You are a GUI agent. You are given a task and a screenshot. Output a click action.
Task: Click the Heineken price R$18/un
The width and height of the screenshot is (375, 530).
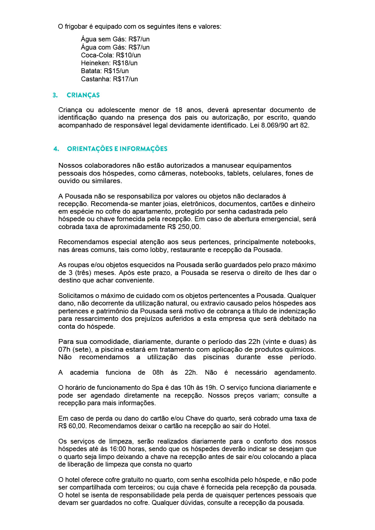pos(125,63)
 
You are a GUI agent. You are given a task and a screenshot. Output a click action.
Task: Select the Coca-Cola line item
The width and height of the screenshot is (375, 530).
pos(111,55)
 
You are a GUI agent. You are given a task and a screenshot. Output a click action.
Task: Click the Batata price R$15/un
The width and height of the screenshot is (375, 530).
pos(116,71)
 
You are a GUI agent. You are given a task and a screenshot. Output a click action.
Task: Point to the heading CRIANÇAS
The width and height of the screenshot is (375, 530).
pos(83,95)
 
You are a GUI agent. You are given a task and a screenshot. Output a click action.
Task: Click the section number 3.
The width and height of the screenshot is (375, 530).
pos(55,95)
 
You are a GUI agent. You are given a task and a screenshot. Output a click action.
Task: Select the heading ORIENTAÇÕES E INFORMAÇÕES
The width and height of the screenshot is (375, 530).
pos(117,149)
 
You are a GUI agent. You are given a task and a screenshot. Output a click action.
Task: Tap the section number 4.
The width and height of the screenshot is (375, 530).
pos(56,149)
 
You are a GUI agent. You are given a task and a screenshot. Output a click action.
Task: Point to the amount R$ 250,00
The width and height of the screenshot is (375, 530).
pos(184,227)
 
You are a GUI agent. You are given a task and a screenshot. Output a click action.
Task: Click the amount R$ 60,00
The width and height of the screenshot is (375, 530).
pos(73,426)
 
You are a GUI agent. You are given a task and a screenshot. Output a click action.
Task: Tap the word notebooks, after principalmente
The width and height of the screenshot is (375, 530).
pos(299,242)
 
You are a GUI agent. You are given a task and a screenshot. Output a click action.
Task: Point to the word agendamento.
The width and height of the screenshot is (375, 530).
pos(295,373)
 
